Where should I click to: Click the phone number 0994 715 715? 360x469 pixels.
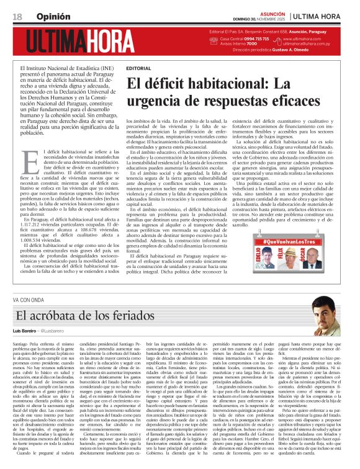tap(254, 38)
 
